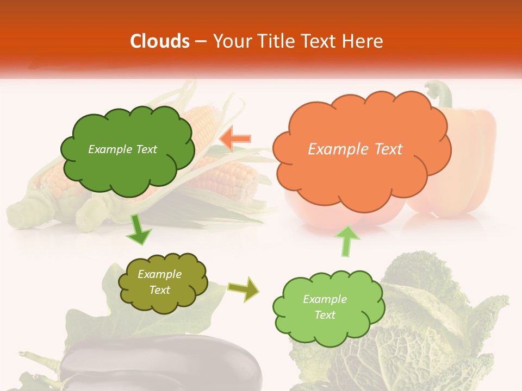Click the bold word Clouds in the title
point(160,41)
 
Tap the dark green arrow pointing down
point(139,231)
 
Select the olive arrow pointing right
point(244,289)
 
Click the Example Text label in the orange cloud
point(355,149)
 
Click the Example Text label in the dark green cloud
point(122,149)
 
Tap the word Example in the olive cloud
point(159,275)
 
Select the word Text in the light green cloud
point(325,315)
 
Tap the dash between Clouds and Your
point(201,41)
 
